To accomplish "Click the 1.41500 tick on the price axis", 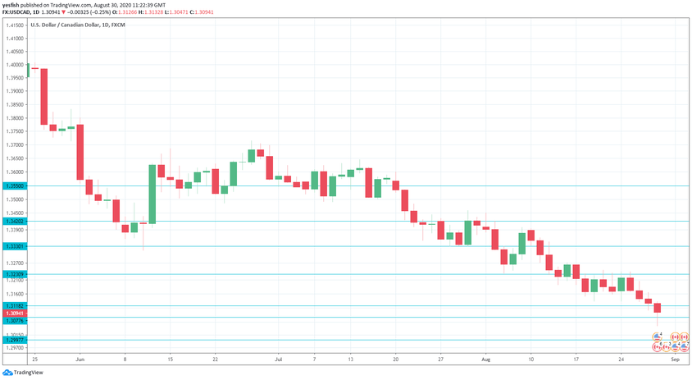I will click(16, 26).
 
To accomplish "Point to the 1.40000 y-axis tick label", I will click(16, 65).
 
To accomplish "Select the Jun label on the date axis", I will click(80, 359).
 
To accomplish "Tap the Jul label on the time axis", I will click(278, 359).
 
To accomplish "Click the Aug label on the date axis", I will click(485, 359).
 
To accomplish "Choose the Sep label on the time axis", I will click(674, 359).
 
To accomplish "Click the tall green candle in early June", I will click(152, 194).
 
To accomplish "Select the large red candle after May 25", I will click(43, 96).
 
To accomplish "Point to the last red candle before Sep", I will click(657, 308).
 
